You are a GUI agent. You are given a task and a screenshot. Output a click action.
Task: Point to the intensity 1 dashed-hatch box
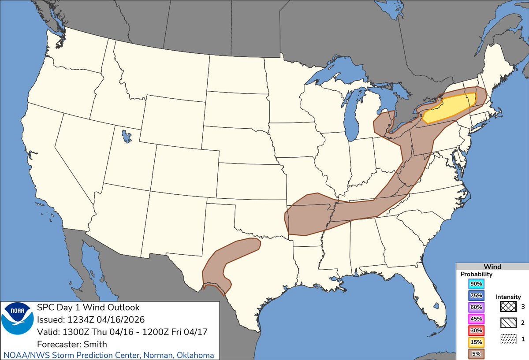508,340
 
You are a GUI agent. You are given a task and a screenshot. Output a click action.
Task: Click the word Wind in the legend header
492,267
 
